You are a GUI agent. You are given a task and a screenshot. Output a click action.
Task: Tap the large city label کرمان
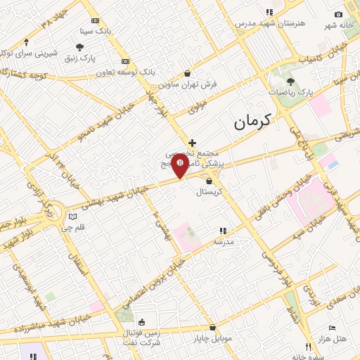(x=250, y=122)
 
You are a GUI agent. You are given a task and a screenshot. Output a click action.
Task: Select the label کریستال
(x=209, y=191)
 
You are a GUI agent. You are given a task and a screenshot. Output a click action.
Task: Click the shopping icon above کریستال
(x=209, y=181)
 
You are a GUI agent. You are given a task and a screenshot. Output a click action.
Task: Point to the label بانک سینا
(x=96, y=32)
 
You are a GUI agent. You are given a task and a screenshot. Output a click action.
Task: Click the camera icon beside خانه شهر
(x=338, y=15)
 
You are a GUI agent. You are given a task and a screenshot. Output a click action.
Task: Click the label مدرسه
(x=224, y=241)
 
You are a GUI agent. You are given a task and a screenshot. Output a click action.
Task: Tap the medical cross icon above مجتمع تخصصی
(x=192, y=143)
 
